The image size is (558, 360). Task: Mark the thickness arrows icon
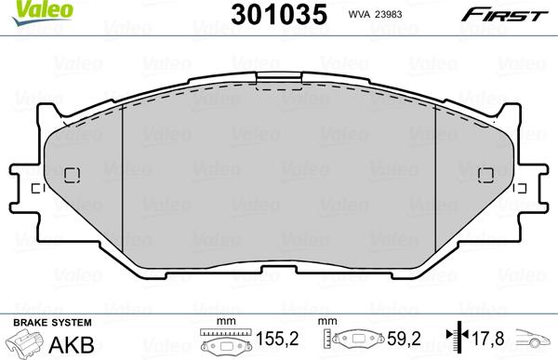[x=456, y=340]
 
